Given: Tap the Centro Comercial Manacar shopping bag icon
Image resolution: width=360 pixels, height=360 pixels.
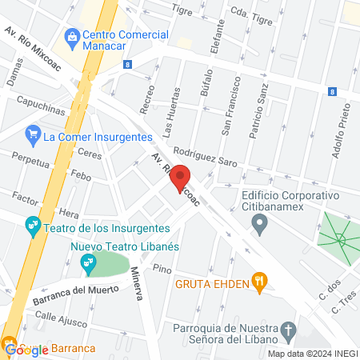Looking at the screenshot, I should click(x=73, y=36).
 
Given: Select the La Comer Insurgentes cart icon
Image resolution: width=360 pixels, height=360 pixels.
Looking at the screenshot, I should click(x=33, y=134).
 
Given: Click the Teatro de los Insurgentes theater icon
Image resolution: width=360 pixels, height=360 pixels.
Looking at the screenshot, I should click(x=33, y=227).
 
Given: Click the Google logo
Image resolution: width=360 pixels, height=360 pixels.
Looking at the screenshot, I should click(x=22, y=350).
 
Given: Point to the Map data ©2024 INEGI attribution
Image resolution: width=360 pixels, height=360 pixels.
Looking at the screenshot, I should click(x=312, y=354).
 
